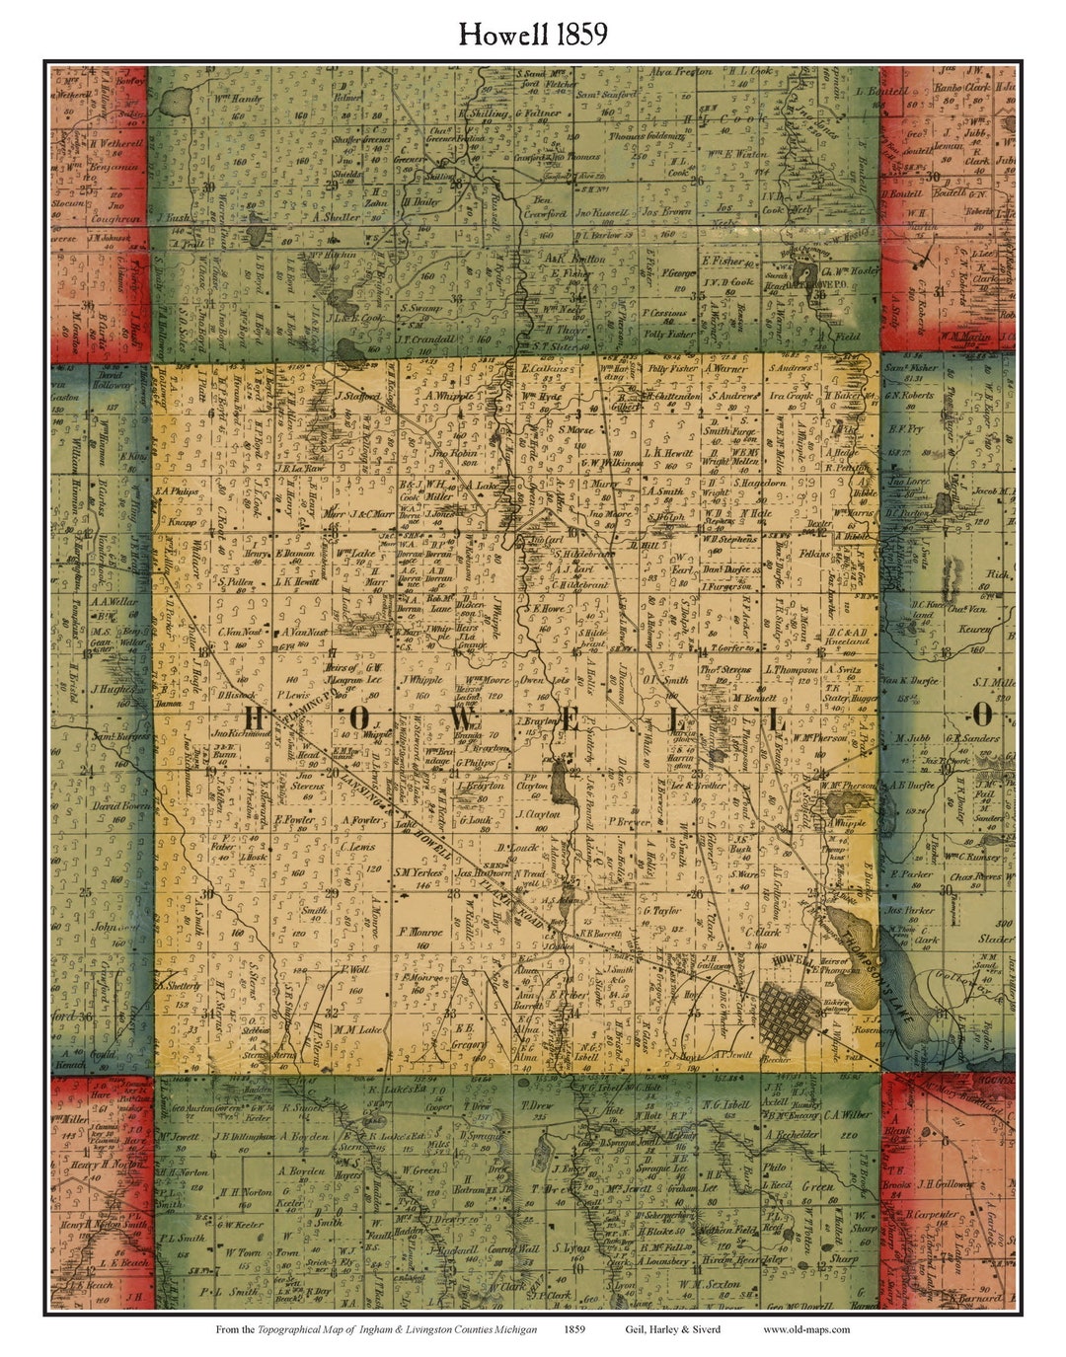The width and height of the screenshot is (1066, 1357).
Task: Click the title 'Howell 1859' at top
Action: pyautogui.click(x=532, y=35)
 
